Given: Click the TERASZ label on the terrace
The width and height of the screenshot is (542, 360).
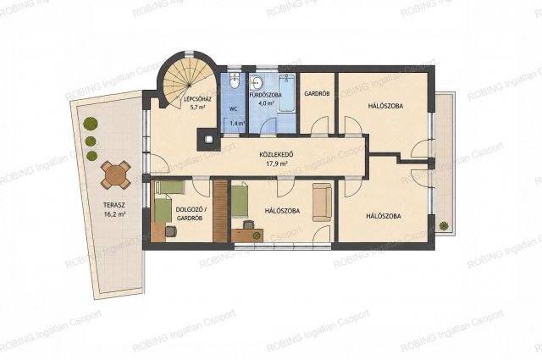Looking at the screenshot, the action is pyautogui.click(x=114, y=205).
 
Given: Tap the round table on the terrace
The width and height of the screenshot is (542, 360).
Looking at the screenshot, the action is pyautogui.click(x=116, y=174).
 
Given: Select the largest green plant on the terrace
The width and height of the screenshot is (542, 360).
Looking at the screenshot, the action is pyautogui.click(x=91, y=124).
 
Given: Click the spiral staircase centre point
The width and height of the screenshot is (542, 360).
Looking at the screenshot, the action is pyautogui.click(x=190, y=85).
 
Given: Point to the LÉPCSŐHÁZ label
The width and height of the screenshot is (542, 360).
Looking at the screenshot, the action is pyautogui.click(x=198, y=99).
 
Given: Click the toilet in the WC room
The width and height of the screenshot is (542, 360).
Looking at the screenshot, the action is pyautogui.click(x=235, y=81).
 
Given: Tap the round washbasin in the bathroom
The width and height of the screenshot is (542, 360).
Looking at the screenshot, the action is pyautogui.click(x=257, y=82).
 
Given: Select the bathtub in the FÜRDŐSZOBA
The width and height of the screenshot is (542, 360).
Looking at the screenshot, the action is pyautogui.click(x=286, y=93).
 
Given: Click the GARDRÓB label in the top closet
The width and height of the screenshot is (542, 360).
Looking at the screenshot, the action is pyautogui.click(x=317, y=93).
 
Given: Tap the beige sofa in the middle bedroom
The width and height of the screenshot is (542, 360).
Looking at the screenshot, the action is pyautogui.click(x=322, y=202).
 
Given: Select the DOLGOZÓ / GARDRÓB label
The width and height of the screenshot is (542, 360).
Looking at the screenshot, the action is pyautogui.click(x=189, y=213).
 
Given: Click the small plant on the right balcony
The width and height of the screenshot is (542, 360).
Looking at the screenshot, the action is pyautogui.click(x=443, y=226).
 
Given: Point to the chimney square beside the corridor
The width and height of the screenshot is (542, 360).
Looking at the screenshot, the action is pyautogui.click(x=207, y=140).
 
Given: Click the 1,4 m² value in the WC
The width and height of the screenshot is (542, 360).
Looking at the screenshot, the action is pyautogui.click(x=237, y=123).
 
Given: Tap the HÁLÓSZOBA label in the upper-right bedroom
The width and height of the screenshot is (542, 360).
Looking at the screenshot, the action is pyautogui.click(x=385, y=106).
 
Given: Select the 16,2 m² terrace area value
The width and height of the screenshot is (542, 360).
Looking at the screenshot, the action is pyautogui.click(x=114, y=214).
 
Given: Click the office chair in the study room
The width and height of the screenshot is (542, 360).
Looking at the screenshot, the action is pyautogui.click(x=171, y=230).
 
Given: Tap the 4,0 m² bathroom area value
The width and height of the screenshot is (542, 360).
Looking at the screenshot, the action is pyautogui.click(x=267, y=103).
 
